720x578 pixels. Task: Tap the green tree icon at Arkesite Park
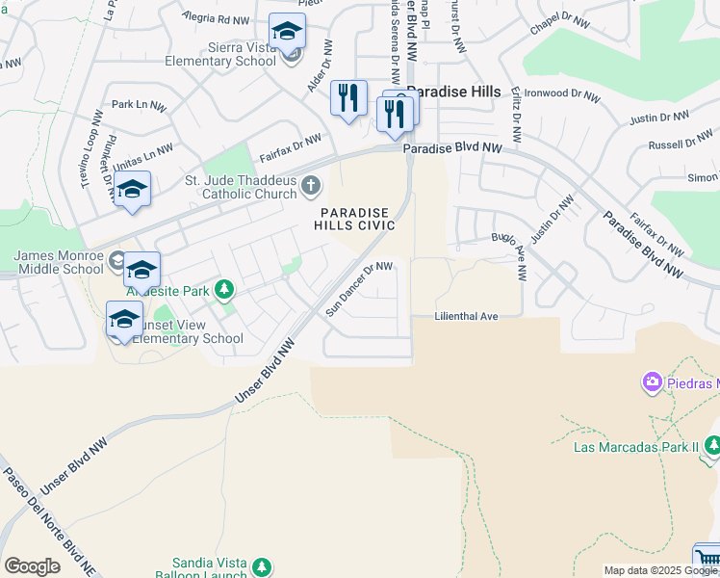(224, 289)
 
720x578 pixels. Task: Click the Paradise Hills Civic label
(354, 219)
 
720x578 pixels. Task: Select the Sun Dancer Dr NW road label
(359, 288)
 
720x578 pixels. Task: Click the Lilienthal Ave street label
(466, 316)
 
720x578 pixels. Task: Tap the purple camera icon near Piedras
(653, 383)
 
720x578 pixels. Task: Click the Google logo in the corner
(33, 566)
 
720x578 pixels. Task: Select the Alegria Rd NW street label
(217, 19)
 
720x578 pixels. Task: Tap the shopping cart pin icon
(708, 559)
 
